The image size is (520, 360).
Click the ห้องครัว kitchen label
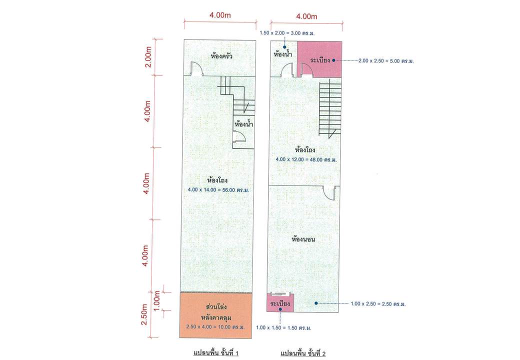221,56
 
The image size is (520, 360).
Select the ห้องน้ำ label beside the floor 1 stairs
244,124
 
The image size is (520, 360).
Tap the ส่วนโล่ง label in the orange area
216,306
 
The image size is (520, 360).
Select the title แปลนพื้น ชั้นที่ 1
216,352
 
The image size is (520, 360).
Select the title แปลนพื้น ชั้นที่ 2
303,353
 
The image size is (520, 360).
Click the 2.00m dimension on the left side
148,57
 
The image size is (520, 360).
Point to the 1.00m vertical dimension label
157,300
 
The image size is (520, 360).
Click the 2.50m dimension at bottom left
144,314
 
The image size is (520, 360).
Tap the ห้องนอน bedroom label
303,238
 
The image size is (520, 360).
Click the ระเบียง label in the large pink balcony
320,60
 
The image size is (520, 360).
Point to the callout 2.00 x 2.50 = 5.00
386,61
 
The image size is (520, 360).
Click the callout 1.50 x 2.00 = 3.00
287,33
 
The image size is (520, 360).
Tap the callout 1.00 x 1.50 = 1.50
283,327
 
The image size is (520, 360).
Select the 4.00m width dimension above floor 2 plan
306,16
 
